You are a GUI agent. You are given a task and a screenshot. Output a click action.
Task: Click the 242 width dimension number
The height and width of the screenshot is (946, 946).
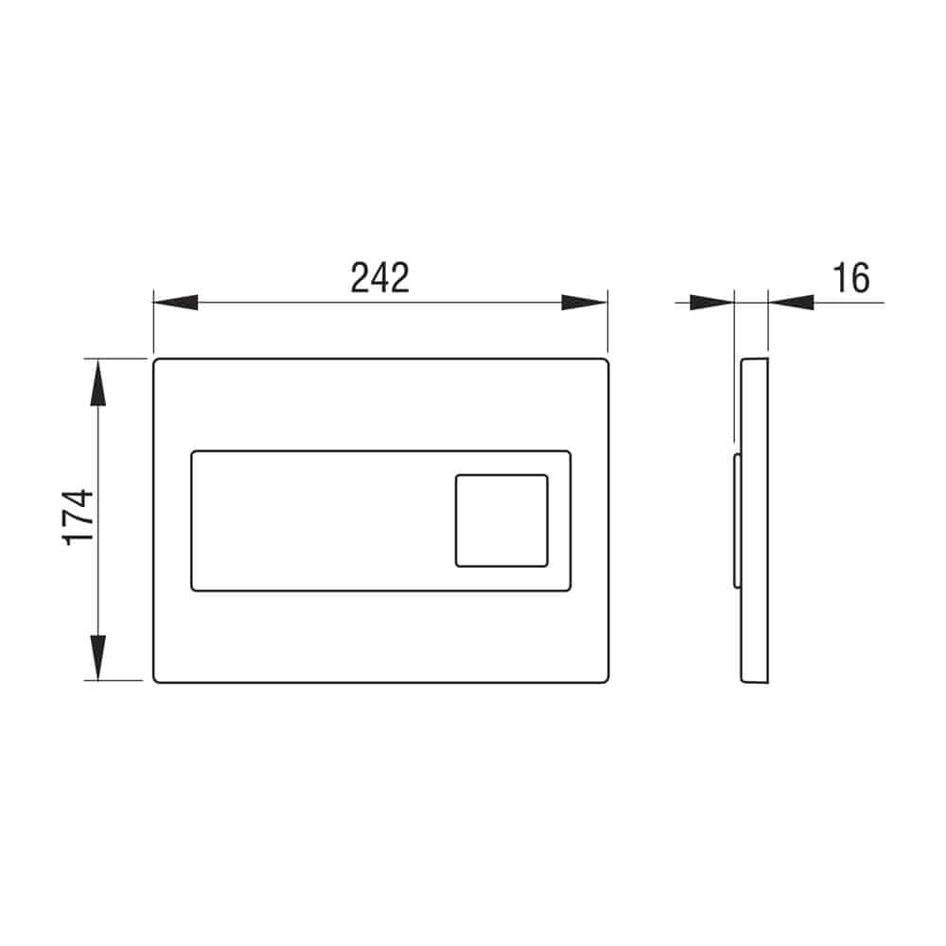(x=380, y=278)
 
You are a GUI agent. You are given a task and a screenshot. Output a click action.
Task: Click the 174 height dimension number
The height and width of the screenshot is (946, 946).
(x=79, y=517)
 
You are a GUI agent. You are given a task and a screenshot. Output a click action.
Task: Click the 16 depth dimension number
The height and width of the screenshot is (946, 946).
(x=850, y=278)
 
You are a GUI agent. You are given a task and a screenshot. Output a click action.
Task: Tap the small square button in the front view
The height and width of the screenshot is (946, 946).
(x=502, y=520)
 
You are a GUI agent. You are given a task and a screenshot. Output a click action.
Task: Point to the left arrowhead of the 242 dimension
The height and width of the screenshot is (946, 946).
(x=176, y=303)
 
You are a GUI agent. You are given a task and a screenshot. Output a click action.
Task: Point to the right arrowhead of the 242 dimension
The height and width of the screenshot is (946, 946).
(x=584, y=303)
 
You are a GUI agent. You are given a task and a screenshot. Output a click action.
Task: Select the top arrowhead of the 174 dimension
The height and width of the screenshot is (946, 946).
(x=97, y=382)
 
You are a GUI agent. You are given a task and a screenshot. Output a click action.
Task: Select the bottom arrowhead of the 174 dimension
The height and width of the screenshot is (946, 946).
(x=97, y=657)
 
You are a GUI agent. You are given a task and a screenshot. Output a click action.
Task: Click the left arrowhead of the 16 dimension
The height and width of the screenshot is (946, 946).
(x=712, y=303)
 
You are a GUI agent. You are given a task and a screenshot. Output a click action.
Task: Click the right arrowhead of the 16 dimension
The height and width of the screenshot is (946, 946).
(x=791, y=303)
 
